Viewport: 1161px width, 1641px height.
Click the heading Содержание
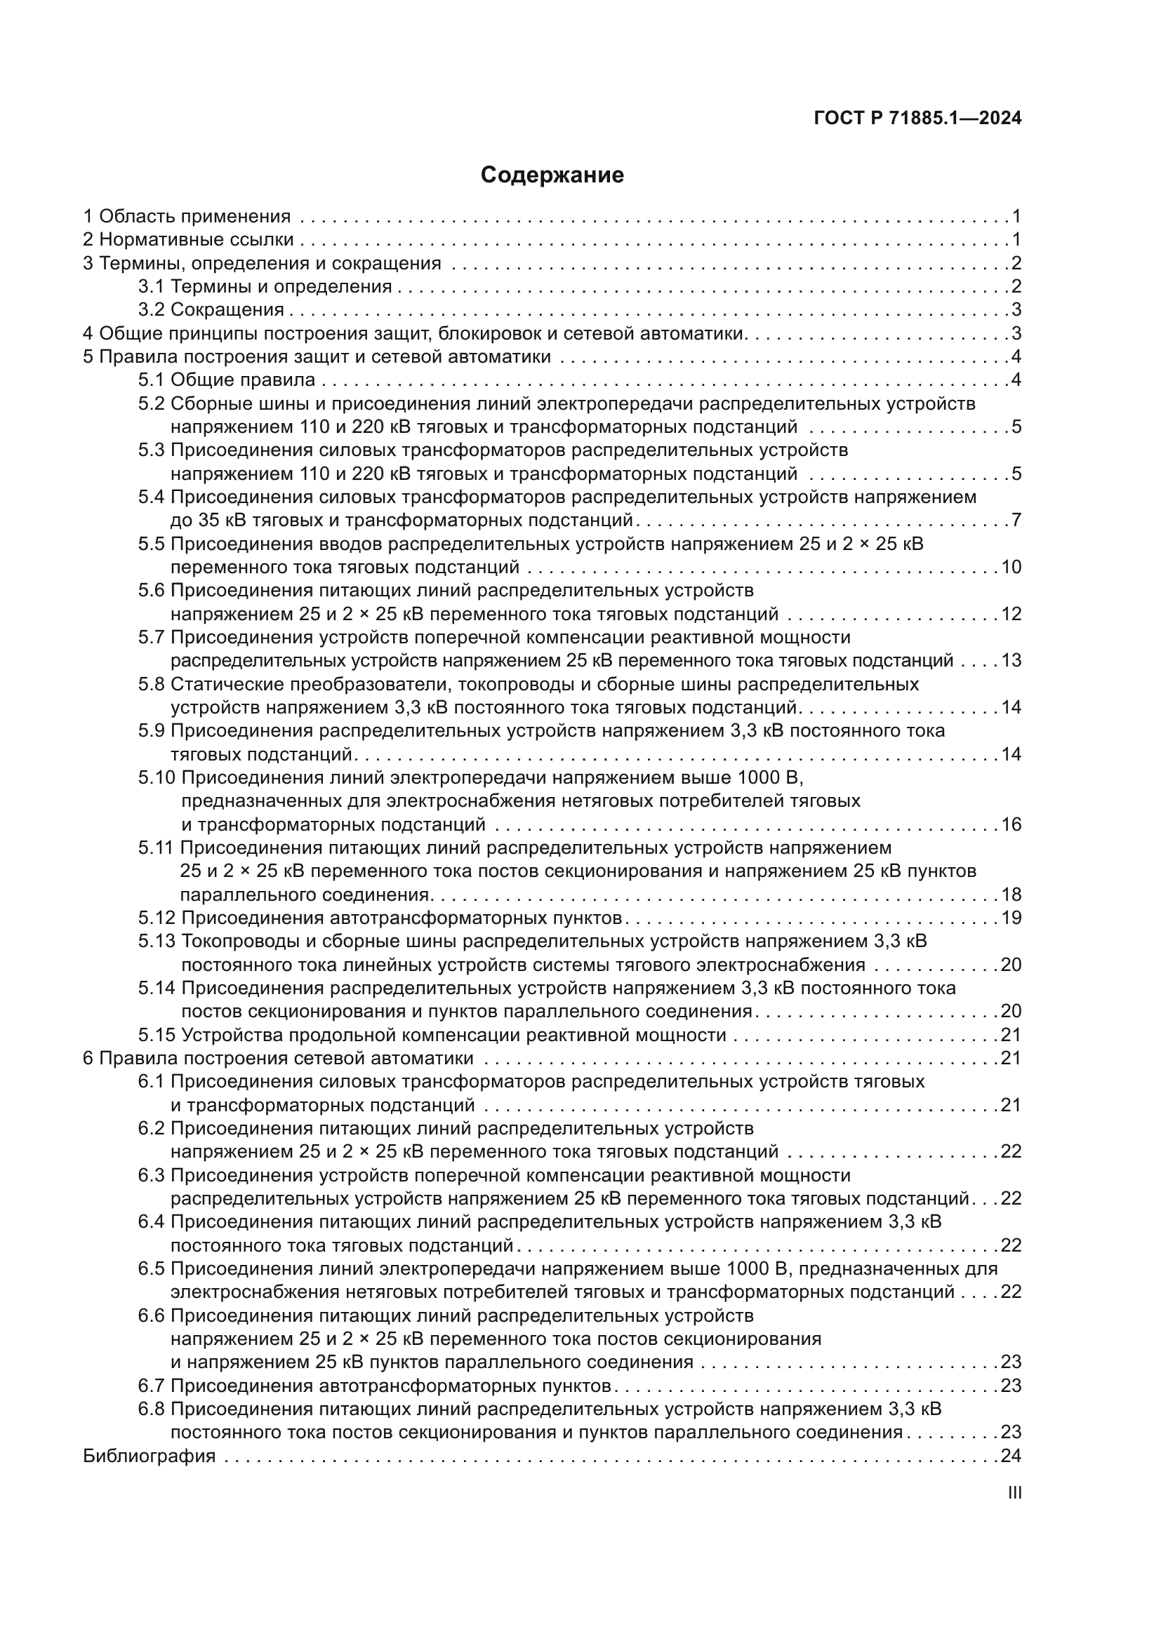point(552,175)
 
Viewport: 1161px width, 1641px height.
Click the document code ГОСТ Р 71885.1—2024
point(917,119)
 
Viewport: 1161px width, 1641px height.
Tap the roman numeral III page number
point(1014,1492)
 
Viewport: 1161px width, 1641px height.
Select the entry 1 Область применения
point(187,217)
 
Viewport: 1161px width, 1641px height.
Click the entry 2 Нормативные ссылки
point(189,239)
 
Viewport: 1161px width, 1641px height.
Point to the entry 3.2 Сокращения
point(211,309)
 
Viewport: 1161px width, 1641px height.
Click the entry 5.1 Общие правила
point(227,380)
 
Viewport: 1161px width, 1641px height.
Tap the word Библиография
point(150,1455)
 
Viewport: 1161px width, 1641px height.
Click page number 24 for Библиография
point(1011,1455)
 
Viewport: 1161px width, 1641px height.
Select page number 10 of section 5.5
point(1011,567)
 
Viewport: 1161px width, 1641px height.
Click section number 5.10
point(157,777)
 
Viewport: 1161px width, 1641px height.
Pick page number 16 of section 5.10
point(1011,824)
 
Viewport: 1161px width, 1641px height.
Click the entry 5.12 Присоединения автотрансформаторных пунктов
point(380,918)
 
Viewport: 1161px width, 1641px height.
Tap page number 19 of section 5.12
point(1011,918)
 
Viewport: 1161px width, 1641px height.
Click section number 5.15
point(157,1035)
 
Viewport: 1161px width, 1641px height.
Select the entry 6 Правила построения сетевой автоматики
point(278,1058)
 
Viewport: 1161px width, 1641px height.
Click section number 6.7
point(152,1385)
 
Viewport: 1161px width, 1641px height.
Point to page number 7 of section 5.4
point(1016,520)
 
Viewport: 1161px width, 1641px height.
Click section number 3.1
point(152,287)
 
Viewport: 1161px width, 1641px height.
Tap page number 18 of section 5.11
point(1011,894)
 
